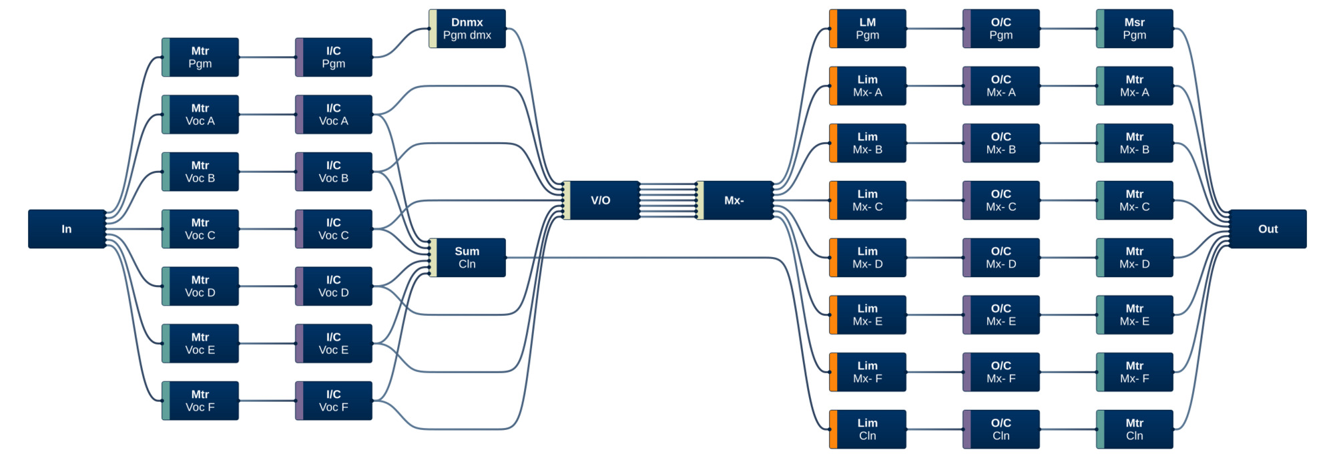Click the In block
click(x=67, y=229)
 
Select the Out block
click(x=1268, y=229)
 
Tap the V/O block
click(x=601, y=200)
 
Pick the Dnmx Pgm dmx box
click(x=467, y=29)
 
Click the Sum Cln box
click(x=467, y=258)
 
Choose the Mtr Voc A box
click(x=200, y=114)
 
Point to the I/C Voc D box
click(x=334, y=286)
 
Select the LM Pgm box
click(x=868, y=29)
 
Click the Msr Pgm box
click(x=1135, y=29)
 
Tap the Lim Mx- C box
click(x=868, y=200)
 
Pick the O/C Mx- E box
click(x=1001, y=315)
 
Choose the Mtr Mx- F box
click(x=1135, y=372)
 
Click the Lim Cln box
click(x=868, y=429)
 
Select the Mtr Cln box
click(x=1135, y=429)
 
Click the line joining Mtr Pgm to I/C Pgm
click(x=267, y=57)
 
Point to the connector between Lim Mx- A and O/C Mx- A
click(x=934, y=86)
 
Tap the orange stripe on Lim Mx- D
click(x=834, y=258)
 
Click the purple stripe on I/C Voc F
click(x=300, y=401)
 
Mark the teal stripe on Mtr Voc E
click(x=166, y=344)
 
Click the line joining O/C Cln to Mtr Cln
click(x=1068, y=429)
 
